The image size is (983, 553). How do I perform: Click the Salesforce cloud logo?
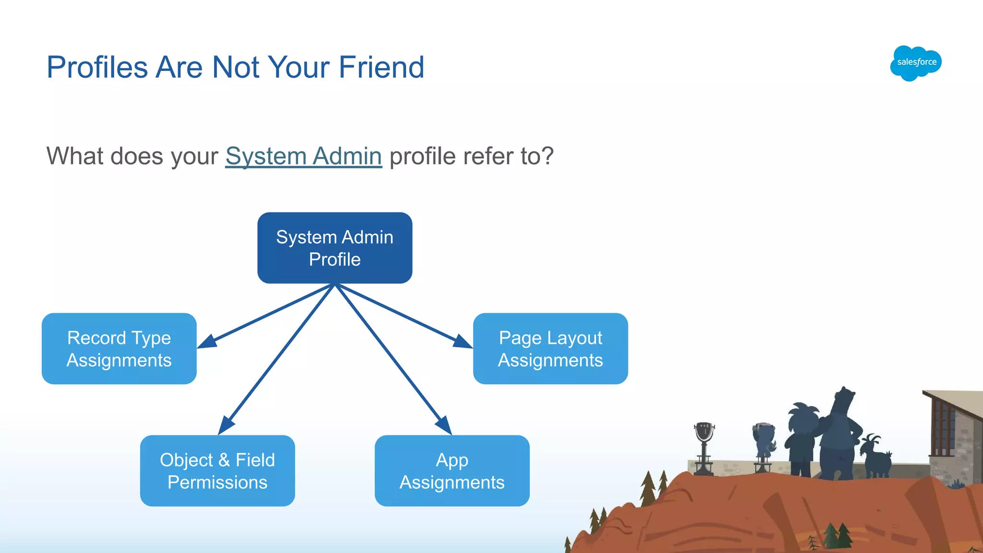pyautogui.click(x=916, y=63)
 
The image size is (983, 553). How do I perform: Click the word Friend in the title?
pyautogui.click(x=381, y=67)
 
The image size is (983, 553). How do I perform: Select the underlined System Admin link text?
pyautogui.click(x=303, y=156)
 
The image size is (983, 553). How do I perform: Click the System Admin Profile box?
pyautogui.click(x=335, y=248)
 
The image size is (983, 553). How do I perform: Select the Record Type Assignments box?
pyautogui.click(x=119, y=349)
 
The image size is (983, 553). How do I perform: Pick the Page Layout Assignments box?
pyautogui.click(x=550, y=349)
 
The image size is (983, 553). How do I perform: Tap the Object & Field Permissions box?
pyautogui.click(x=217, y=471)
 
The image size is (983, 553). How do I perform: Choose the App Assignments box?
pyautogui.click(x=452, y=471)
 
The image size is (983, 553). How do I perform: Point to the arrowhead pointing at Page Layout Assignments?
pyautogui.click(x=462, y=341)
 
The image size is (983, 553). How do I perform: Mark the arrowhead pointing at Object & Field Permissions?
pyautogui.click(x=226, y=425)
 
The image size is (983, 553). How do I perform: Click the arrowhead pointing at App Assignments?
pyautogui.click(x=444, y=425)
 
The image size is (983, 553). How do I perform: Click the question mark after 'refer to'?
pyautogui.click(x=548, y=156)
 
